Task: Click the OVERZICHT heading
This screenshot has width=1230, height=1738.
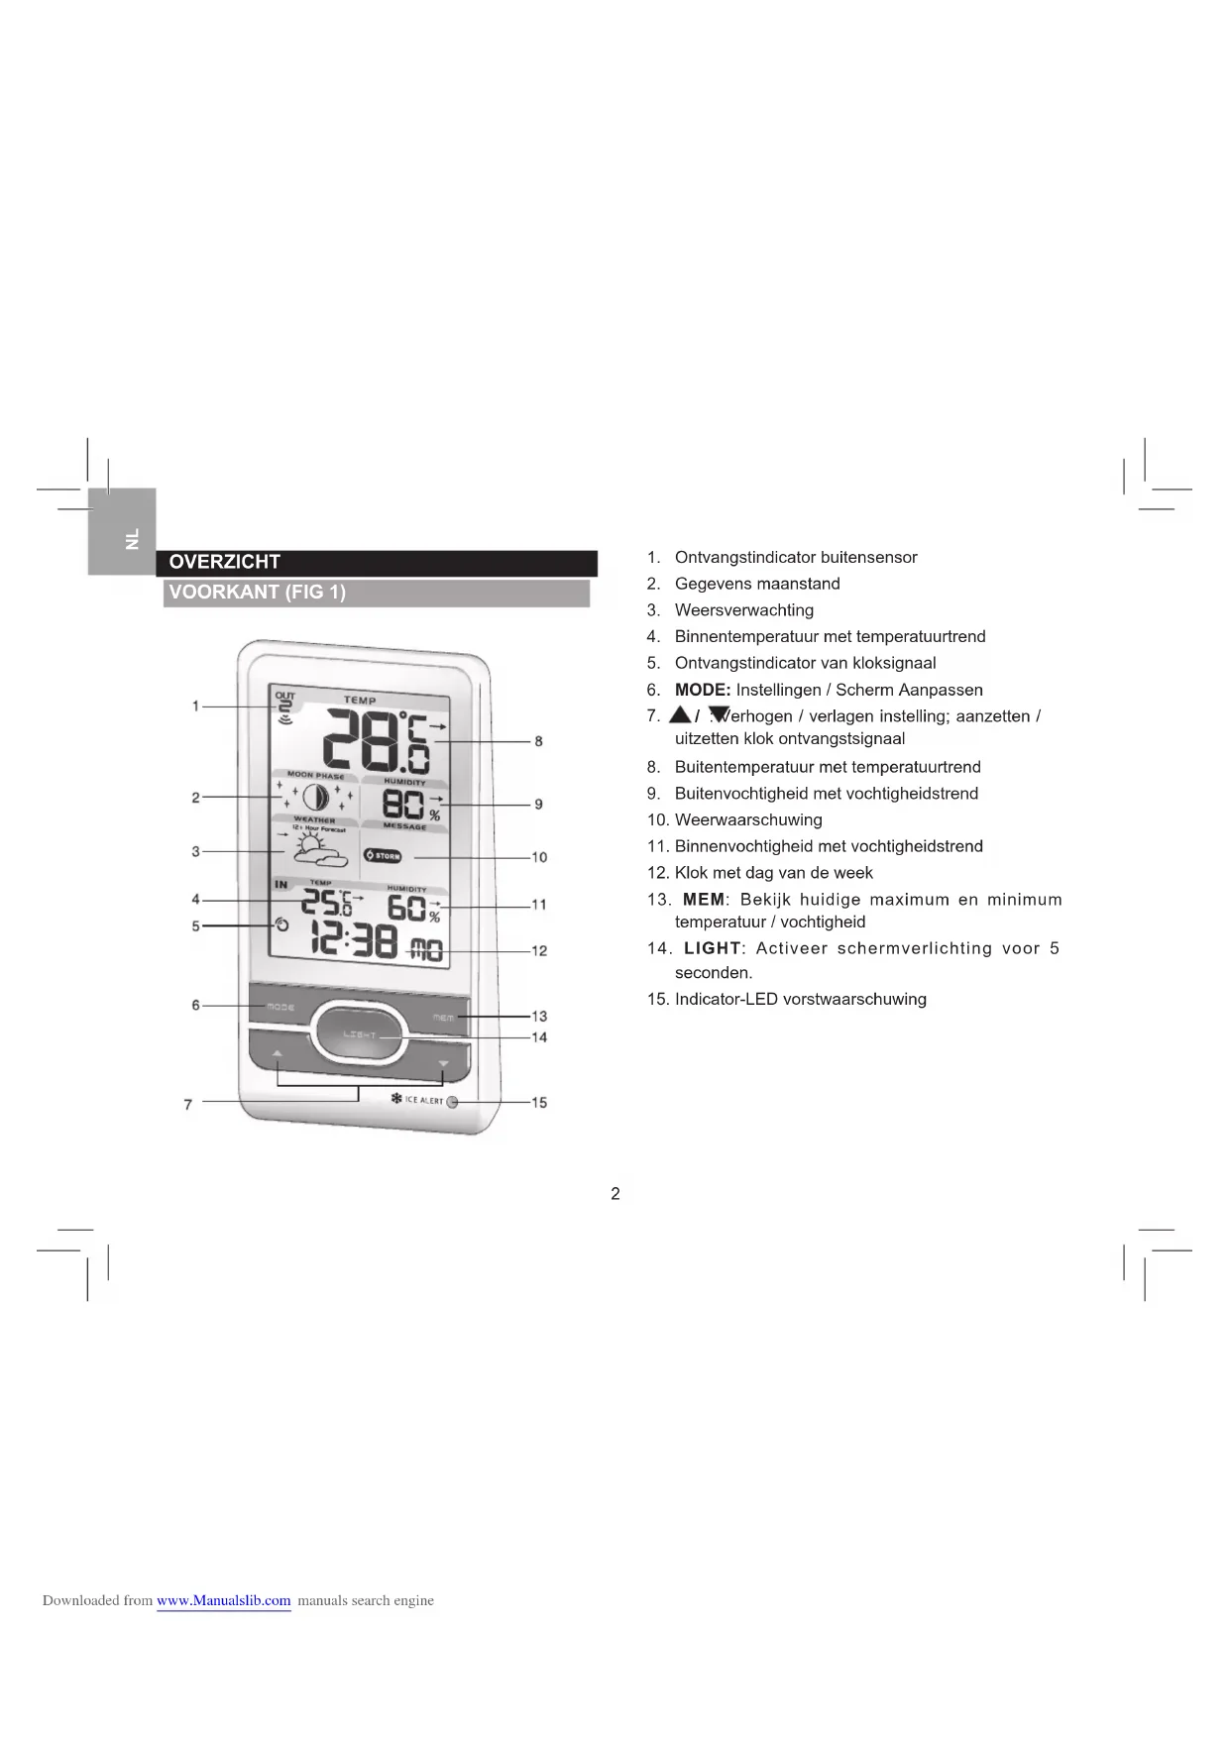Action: [x=225, y=562]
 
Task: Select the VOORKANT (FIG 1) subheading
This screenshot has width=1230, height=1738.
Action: [x=257, y=593]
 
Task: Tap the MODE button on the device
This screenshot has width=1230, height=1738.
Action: [x=280, y=1007]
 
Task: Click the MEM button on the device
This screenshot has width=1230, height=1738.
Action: [x=443, y=1018]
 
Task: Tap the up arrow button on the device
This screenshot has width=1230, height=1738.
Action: [x=278, y=1053]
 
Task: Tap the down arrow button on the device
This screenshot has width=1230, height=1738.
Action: [x=443, y=1063]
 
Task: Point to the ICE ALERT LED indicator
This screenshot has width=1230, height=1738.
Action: [x=452, y=1102]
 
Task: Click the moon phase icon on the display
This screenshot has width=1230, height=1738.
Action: [x=315, y=798]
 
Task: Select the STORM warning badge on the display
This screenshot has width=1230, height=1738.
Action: [x=383, y=855]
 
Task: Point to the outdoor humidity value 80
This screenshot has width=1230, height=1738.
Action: [x=403, y=804]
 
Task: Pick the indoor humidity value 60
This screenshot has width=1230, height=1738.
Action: [x=406, y=908]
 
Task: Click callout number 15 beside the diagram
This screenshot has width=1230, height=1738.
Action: [x=539, y=1102]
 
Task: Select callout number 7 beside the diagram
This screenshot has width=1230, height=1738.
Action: [x=188, y=1104]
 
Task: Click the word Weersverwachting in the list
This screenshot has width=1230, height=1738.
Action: [x=744, y=610]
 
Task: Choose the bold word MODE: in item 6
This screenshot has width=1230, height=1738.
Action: [x=703, y=690]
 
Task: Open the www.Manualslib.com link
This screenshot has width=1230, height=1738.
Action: [x=224, y=1600]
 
